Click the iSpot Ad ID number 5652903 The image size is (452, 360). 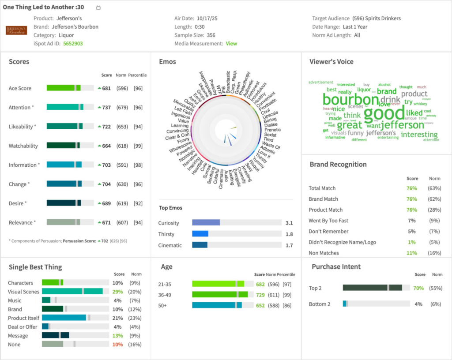[73, 44]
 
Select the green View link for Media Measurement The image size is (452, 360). [231, 44]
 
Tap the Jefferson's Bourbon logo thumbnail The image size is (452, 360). [16, 30]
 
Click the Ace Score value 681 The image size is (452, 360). [106, 88]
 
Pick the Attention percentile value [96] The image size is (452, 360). [138, 107]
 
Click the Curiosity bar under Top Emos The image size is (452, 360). [206, 223]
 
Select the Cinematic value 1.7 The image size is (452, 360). [289, 245]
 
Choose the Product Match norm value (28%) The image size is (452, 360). [435, 210]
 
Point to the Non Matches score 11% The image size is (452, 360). [411, 253]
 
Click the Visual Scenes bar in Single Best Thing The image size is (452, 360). [72, 292]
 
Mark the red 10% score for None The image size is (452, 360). [117, 345]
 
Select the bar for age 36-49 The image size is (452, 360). [220, 294]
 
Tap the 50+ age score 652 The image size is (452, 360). [260, 305]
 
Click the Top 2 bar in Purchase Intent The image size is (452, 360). [372, 288]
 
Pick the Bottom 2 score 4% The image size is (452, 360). [418, 304]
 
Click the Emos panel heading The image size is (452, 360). [167, 62]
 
